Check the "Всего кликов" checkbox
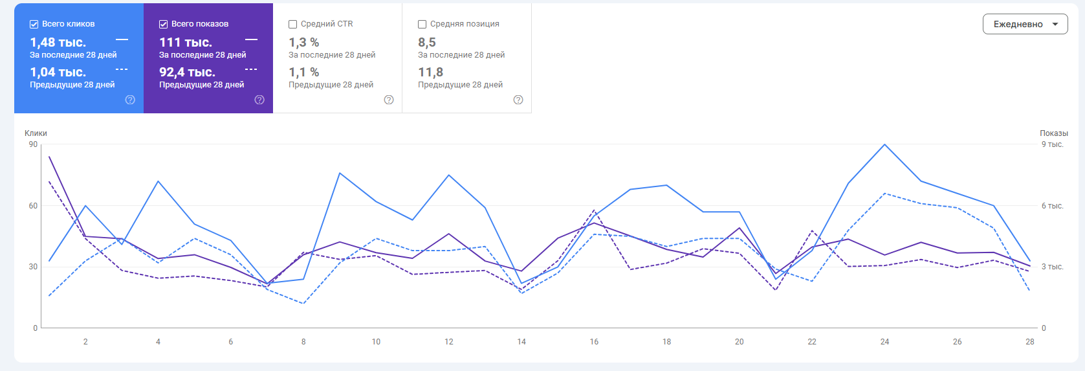click(x=34, y=24)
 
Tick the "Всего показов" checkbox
click(x=164, y=24)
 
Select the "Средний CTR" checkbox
click(x=293, y=24)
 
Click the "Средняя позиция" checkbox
click(x=422, y=24)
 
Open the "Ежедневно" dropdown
click(x=1025, y=24)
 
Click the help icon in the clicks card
click(x=130, y=100)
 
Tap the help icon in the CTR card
click(x=389, y=100)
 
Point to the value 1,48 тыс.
click(x=58, y=42)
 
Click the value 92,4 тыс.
click(x=187, y=72)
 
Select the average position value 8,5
click(x=427, y=42)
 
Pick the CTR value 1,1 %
click(x=303, y=72)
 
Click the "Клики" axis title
click(x=36, y=133)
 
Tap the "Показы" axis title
click(x=1054, y=133)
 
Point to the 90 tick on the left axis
click(x=33, y=144)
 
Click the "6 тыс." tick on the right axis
click(x=1052, y=206)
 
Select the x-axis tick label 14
click(x=521, y=341)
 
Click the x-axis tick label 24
click(x=884, y=341)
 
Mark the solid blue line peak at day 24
click(x=884, y=144)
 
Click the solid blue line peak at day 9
click(x=340, y=173)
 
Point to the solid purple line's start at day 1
click(x=49, y=157)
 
